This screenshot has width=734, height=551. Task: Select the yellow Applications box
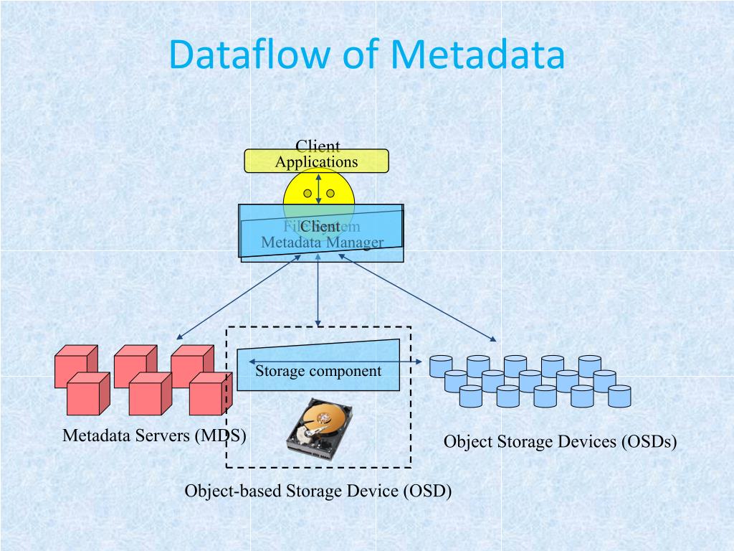coord(316,161)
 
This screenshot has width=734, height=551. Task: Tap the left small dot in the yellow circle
coord(308,193)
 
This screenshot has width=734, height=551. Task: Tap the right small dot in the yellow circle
coord(330,193)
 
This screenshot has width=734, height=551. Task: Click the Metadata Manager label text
coord(322,242)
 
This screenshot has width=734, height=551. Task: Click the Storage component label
coord(318,371)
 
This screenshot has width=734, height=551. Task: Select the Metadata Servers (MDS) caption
coord(154,435)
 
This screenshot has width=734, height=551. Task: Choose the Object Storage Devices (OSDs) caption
coord(560,441)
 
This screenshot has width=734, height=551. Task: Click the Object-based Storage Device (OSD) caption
coord(318,491)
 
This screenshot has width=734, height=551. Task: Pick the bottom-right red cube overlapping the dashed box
coord(210,394)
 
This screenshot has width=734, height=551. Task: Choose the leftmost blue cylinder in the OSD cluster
coord(440,366)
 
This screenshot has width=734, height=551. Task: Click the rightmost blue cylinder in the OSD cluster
coord(619,396)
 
